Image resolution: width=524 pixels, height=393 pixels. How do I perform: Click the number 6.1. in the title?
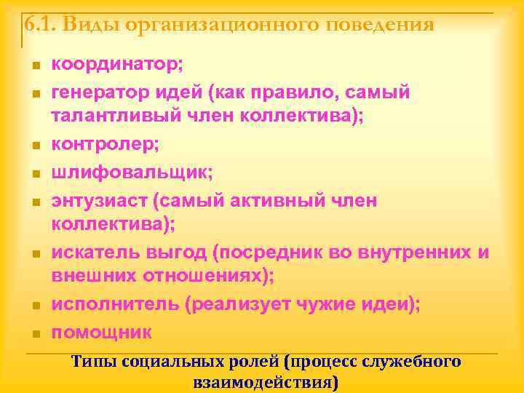[40, 25]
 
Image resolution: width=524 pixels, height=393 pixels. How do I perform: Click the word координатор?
[116, 64]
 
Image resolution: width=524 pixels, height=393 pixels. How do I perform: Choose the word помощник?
[101, 332]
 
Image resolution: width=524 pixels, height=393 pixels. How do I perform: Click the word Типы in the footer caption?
[94, 362]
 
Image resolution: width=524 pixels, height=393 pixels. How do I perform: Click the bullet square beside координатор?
[34, 66]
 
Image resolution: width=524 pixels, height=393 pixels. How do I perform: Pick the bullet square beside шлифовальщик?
[34, 175]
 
